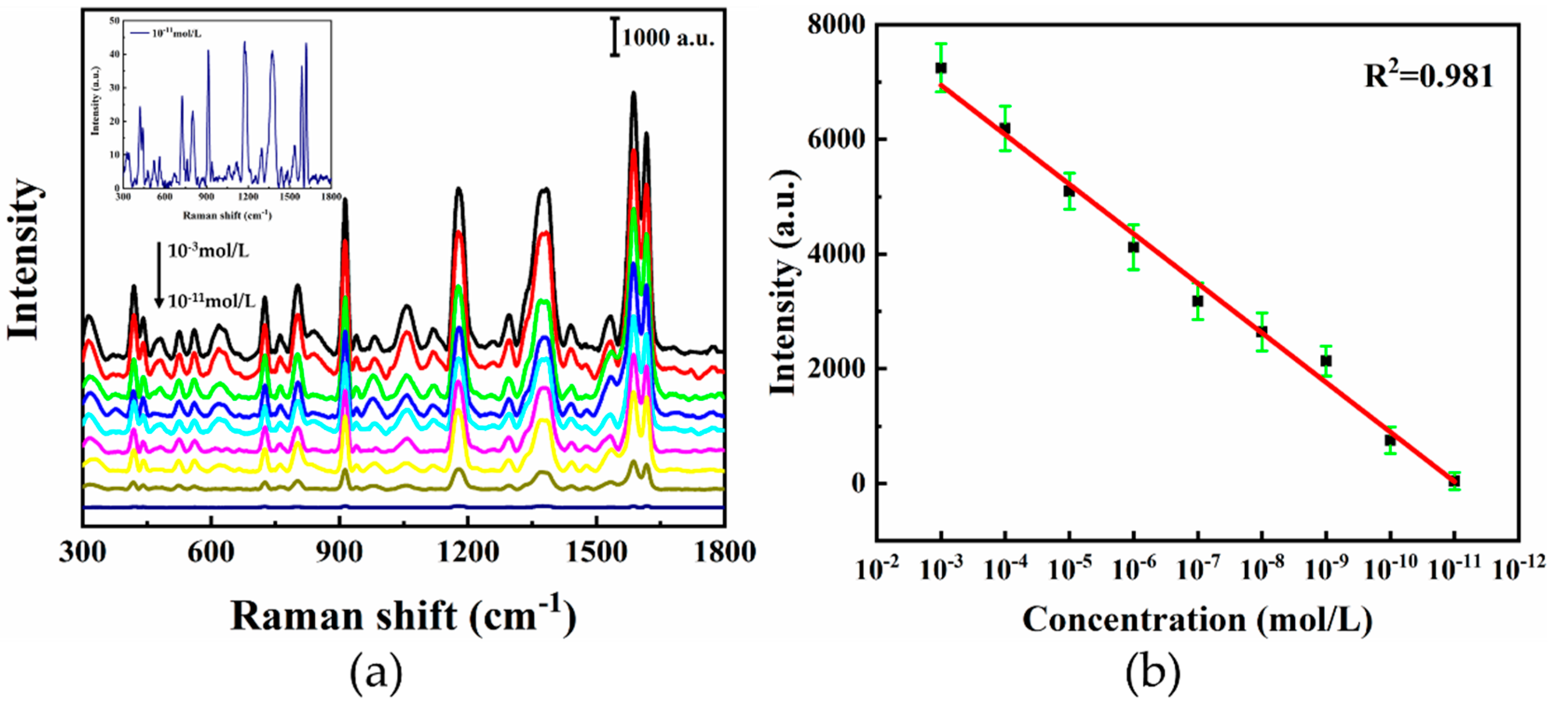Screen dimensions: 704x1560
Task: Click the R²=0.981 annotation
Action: tap(1428, 77)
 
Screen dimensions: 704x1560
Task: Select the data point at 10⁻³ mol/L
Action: tap(941, 68)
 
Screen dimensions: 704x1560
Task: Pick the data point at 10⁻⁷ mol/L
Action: tap(1197, 301)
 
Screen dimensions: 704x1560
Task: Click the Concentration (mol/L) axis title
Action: tap(1197, 620)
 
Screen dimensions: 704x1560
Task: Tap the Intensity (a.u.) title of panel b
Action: tap(785, 282)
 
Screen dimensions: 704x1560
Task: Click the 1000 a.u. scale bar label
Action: tap(668, 38)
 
